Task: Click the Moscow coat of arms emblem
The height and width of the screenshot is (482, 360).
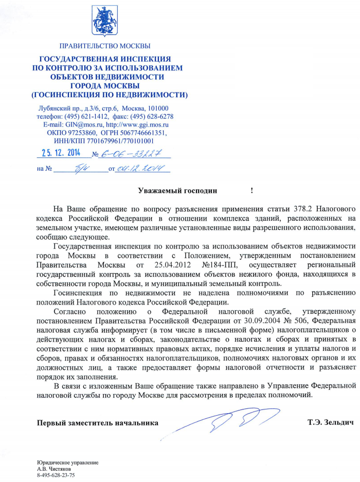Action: [x=105, y=22]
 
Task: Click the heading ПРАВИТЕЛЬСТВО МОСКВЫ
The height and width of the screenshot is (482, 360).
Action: [x=105, y=47]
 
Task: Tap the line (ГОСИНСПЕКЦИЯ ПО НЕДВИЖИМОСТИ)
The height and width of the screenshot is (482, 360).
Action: [x=110, y=95]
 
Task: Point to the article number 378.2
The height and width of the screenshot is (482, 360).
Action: [x=302, y=209]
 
